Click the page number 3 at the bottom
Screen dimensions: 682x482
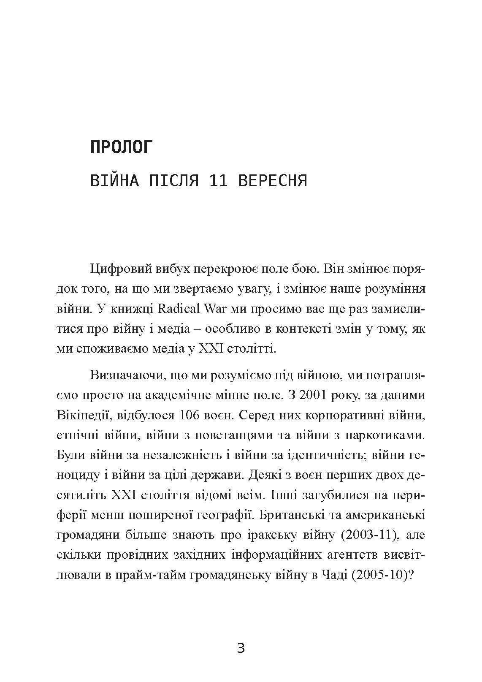point(241,648)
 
